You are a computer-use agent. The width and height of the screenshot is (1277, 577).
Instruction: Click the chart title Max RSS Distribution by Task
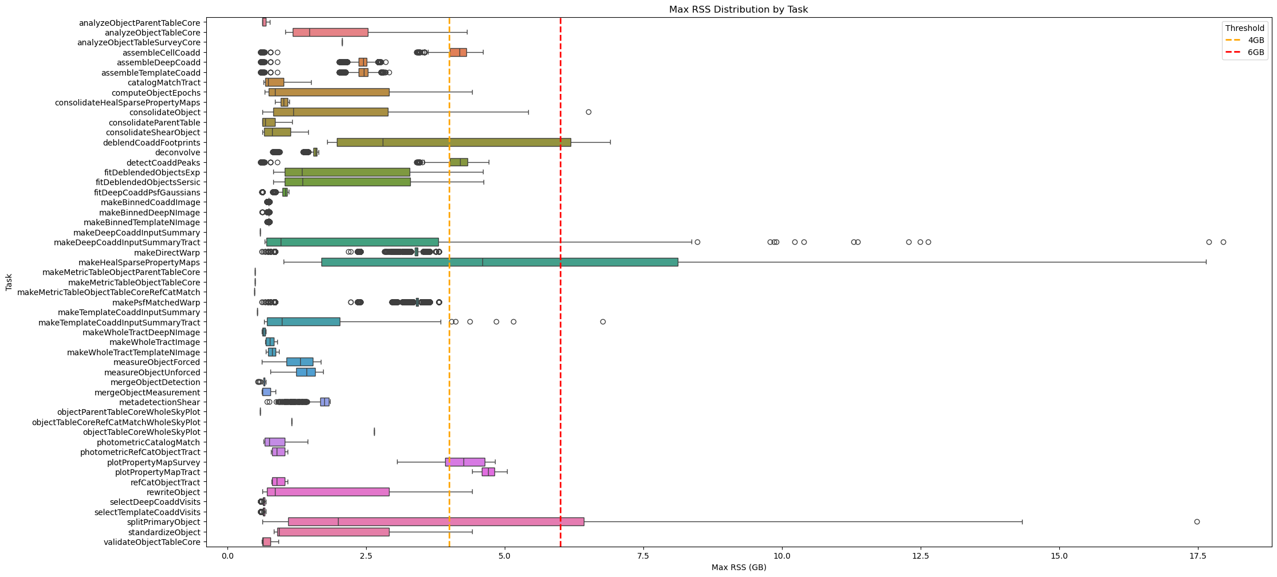pyautogui.click(x=738, y=9)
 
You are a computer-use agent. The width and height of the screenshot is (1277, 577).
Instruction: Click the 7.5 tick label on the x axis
pyautogui.click(x=643, y=556)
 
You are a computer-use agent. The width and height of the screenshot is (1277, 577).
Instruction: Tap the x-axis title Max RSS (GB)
pyautogui.click(x=738, y=567)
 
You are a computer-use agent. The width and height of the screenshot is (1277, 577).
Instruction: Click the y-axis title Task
pyautogui.click(x=9, y=282)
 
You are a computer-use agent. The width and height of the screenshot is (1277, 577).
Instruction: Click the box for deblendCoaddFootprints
pyautogui.click(x=454, y=142)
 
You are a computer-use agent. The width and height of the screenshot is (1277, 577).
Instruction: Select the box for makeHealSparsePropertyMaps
pyautogui.click(x=500, y=262)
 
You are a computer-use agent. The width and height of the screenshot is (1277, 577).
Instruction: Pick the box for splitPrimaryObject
pyautogui.click(x=436, y=521)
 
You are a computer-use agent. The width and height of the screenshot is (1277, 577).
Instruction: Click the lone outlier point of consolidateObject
pyautogui.click(x=588, y=112)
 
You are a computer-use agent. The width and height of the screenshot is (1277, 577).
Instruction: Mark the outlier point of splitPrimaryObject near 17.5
pyautogui.click(x=1197, y=521)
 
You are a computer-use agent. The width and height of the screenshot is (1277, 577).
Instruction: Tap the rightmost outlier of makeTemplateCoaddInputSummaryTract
pyautogui.click(x=603, y=322)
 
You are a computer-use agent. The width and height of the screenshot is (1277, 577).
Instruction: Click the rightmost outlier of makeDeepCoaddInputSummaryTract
pyautogui.click(x=1223, y=242)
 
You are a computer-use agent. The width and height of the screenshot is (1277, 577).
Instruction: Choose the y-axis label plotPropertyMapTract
pyautogui.click(x=158, y=472)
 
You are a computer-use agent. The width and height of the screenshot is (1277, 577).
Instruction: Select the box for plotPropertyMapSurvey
pyautogui.click(x=465, y=462)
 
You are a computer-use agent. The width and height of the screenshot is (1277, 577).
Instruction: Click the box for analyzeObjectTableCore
pyautogui.click(x=330, y=32)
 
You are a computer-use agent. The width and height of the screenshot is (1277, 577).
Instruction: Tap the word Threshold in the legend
pyautogui.click(x=1245, y=28)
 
